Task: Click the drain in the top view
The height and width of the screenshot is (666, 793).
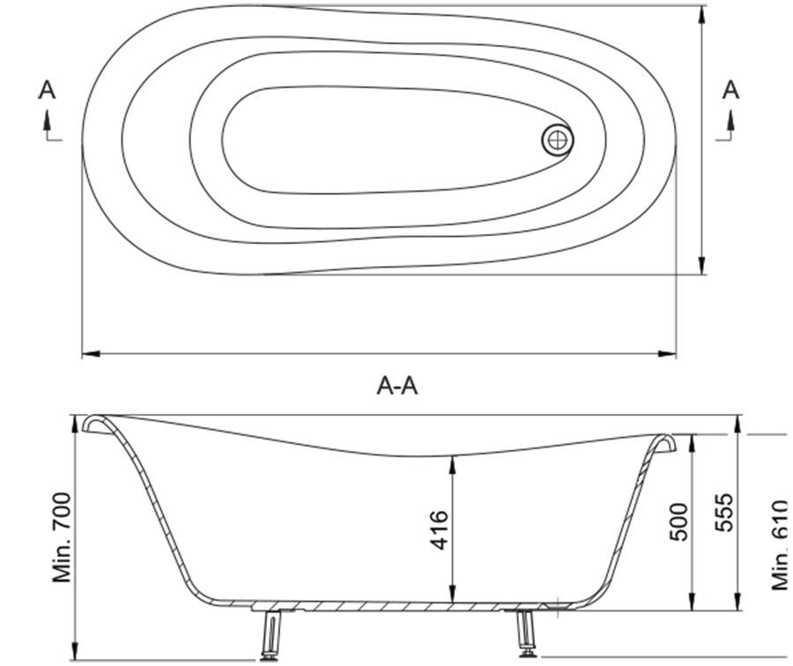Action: coord(558,140)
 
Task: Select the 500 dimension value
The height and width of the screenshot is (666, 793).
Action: coord(678,522)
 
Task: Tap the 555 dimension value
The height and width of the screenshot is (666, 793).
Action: coord(723,512)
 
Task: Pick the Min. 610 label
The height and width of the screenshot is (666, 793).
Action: coord(780,544)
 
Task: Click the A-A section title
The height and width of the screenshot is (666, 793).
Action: coord(397,387)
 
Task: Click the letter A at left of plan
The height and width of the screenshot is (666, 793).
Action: coord(47,90)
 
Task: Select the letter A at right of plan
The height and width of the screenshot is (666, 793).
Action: coord(730,90)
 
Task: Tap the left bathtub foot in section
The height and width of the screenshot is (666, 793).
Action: coord(271,634)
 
